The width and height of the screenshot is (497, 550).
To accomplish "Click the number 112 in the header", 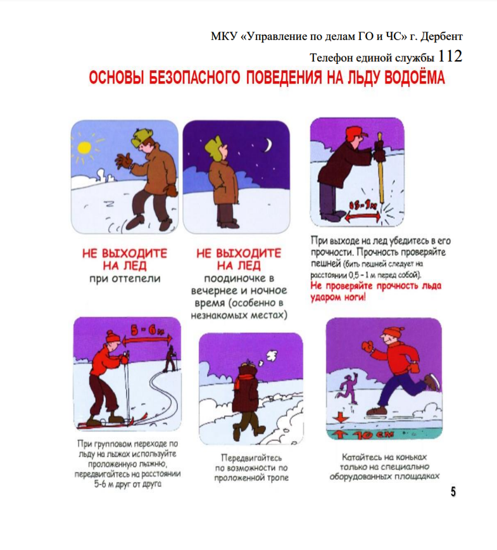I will pyautogui.click(x=450, y=56).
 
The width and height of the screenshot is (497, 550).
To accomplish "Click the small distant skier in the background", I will pyautogui.click(x=169, y=359).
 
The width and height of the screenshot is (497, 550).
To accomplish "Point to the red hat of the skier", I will pyautogui.click(x=112, y=336).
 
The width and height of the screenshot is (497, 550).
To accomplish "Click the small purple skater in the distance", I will pyautogui.click(x=348, y=385).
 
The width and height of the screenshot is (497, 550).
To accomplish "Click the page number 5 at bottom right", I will pyautogui.click(x=453, y=492).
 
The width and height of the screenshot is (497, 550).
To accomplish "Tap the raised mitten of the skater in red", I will pyautogui.click(x=367, y=345).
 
